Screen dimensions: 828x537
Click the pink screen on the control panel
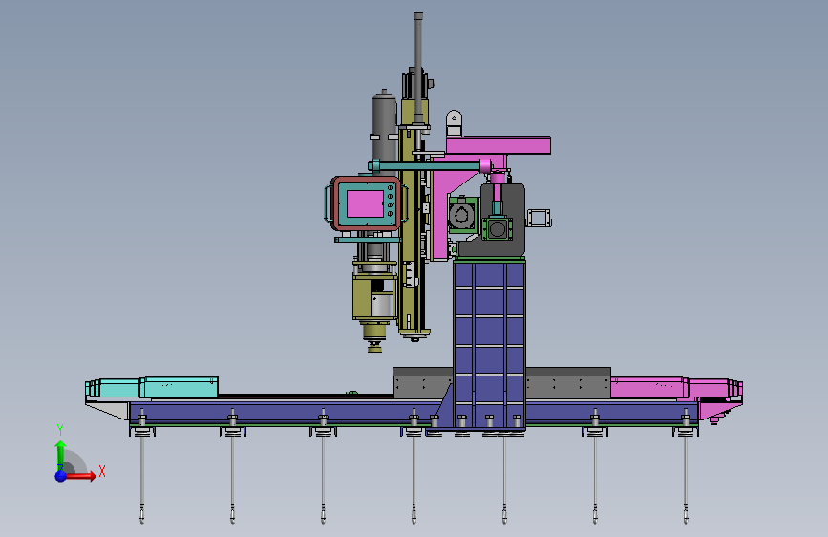tap(365, 204)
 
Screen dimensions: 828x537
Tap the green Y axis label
tap(60, 430)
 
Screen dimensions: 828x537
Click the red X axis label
tap(102, 471)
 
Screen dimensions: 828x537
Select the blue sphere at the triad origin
tap(61, 476)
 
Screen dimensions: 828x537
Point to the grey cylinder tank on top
tap(384, 124)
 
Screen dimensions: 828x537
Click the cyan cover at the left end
tap(152, 387)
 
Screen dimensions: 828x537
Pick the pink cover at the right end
tap(676, 388)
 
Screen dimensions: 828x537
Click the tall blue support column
tap(489, 344)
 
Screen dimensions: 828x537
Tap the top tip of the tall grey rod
tap(418, 14)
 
